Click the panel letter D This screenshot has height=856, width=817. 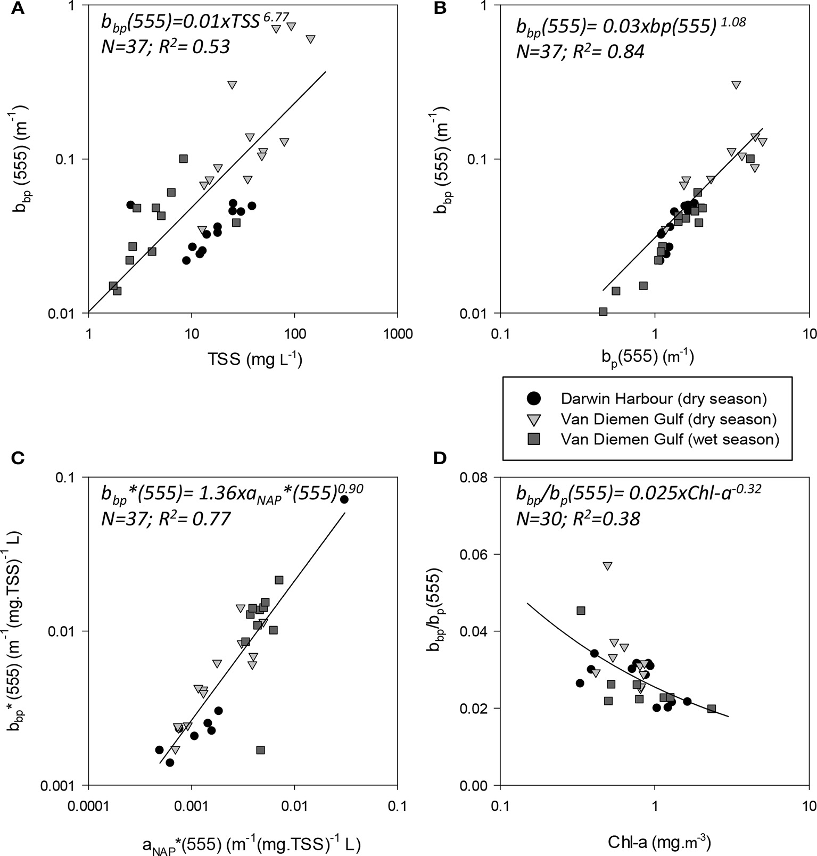coord(440,458)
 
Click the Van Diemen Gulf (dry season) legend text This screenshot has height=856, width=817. coord(669,419)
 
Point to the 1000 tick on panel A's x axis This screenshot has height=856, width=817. coord(398,334)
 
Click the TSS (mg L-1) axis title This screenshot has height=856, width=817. coord(255,360)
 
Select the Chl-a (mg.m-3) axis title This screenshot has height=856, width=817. coord(659,827)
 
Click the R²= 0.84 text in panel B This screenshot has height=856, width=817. coord(612,52)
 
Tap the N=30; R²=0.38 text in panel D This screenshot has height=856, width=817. coord(578,518)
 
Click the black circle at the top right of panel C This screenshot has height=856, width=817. coord(344,499)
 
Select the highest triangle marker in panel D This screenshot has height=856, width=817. coord(607,566)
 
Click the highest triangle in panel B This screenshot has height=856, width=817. coord(736,85)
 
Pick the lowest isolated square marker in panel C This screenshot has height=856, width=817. coord(260,750)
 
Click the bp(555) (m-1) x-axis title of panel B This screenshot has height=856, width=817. coord(648,356)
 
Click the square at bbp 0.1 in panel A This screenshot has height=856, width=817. coord(183,159)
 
